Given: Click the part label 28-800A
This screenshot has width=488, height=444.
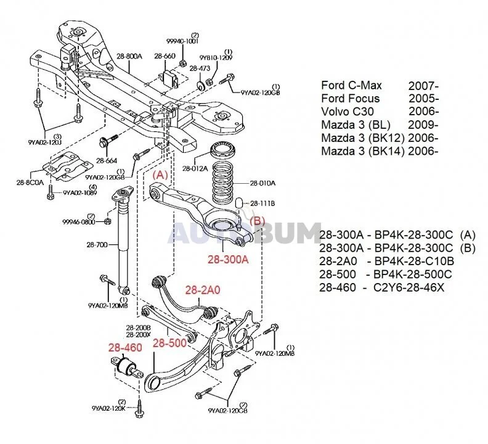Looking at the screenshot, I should (129, 56).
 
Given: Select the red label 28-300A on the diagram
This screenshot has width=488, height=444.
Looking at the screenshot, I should (227, 260).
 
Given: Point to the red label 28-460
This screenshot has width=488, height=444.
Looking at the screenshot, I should (125, 348).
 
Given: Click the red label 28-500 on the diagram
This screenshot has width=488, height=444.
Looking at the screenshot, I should (169, 343).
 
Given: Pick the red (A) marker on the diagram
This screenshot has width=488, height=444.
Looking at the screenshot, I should (160, 175).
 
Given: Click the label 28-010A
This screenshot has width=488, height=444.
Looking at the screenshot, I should (264, 183).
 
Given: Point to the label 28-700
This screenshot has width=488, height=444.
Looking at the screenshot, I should (97, 245).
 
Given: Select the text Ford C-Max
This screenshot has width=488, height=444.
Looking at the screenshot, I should (352, 85).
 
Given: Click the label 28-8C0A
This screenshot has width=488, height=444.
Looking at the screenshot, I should (30, 183).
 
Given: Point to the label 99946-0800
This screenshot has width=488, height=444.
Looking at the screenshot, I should (78, 221).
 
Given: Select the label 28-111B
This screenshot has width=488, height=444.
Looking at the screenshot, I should (262, 203).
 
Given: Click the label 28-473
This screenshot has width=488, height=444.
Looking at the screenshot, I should (200, 68).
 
